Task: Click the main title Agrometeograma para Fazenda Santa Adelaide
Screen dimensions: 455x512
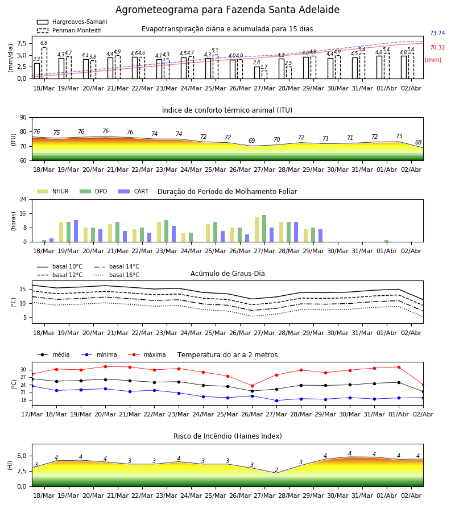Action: coord(227,10)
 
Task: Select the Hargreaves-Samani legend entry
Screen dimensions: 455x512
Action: coord(72,22)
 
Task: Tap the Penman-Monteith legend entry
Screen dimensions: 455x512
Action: coord(69,30)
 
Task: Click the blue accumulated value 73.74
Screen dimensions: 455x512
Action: coord(437,33)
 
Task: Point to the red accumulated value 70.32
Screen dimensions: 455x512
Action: coord(437,47)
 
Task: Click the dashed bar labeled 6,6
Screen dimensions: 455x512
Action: coord(44,63)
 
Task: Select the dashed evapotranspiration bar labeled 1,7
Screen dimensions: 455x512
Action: coord(264,75)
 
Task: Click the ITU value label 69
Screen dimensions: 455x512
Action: coord(251,141)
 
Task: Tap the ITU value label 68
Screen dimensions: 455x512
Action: coord(418,142)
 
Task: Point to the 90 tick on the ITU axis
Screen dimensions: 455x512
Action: coord(23,118)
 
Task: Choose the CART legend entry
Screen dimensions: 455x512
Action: coord(134,191)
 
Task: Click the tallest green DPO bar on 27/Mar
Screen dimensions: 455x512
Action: coord(264,229)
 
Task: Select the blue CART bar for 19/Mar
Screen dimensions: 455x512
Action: coord(76,231)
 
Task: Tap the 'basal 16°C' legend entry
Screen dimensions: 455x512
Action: coord(117,275)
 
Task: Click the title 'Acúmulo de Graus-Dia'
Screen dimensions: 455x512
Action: coord(227,274)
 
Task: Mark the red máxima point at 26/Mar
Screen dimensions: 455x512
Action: coord(252,386)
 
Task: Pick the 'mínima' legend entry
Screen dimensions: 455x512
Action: coord(99,354)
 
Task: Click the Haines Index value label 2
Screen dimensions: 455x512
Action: coord(276,470)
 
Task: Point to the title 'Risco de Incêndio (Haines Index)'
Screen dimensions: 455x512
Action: coord(227,436)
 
